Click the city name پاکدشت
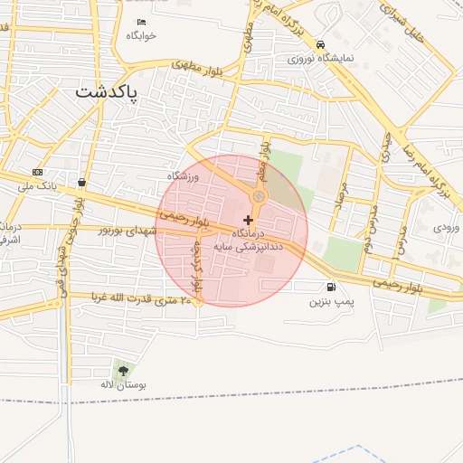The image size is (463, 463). point(108,91)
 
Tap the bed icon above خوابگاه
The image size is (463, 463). point(141,23)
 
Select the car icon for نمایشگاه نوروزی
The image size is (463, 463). point(321,43)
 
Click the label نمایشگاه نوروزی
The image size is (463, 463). point(321,57)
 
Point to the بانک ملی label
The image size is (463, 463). point(39,184)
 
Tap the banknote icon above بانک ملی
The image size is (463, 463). point(37,172)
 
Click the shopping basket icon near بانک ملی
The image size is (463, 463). point(82,182)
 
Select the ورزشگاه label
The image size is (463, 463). point(183,175)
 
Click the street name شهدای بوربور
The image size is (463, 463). point(128,231)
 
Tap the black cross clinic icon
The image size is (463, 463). point(249,220)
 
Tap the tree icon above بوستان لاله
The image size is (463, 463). point(123,370)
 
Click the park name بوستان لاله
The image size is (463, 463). point(123,384)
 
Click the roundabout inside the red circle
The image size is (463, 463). point(259,195)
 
